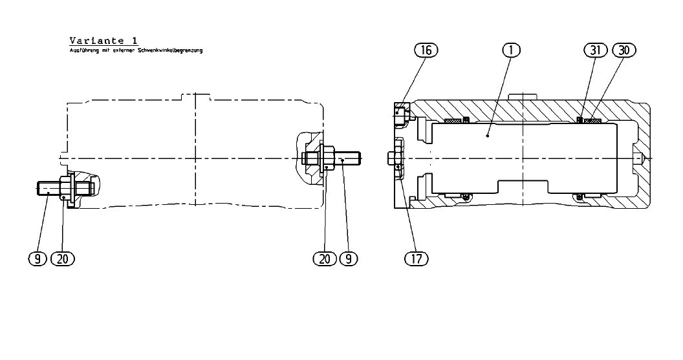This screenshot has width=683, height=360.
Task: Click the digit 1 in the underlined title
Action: (x=134, y=41)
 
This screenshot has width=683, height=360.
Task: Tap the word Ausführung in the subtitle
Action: (x=83, y=50)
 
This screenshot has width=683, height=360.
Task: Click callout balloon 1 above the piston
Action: (x=510, y=50)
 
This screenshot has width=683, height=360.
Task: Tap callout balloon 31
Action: (x=595, y=50)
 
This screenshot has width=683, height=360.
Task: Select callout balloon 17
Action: (x=417, y=259)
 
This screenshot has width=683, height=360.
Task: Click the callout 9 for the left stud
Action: (x=38, y=259)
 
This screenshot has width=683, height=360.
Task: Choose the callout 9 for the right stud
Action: (x=349, y=259)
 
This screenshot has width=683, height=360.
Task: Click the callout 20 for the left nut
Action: (x=63, y=259)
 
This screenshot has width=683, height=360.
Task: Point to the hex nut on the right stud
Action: (x=327, y=157)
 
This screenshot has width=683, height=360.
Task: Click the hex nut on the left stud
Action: (x=65, y=188)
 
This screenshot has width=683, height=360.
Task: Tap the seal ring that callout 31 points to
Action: (x=580, y=119)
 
